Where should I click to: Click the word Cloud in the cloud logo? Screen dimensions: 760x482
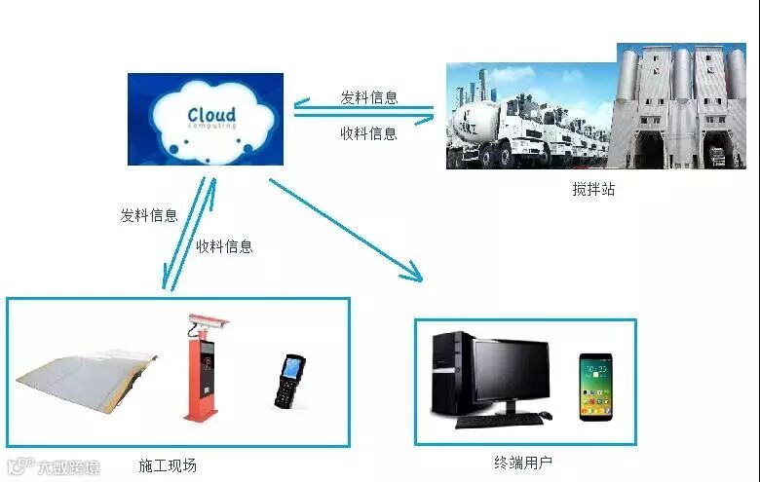pos(210,116)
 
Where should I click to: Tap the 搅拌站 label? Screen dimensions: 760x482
pos(593,190)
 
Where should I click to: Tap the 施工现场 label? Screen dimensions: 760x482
pos(168,465)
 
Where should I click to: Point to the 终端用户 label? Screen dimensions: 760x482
pos(523,461)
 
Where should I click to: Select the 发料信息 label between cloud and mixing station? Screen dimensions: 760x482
pos(368,97)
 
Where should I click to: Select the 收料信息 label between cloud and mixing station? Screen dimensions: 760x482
pos(368,133)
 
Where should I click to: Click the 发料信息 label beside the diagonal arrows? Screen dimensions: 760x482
pos(149,215)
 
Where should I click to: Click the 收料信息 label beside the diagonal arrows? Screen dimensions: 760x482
pos(224,246)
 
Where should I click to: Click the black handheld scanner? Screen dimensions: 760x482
pos(289,382)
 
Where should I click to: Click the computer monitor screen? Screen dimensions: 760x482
pos(511,371)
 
